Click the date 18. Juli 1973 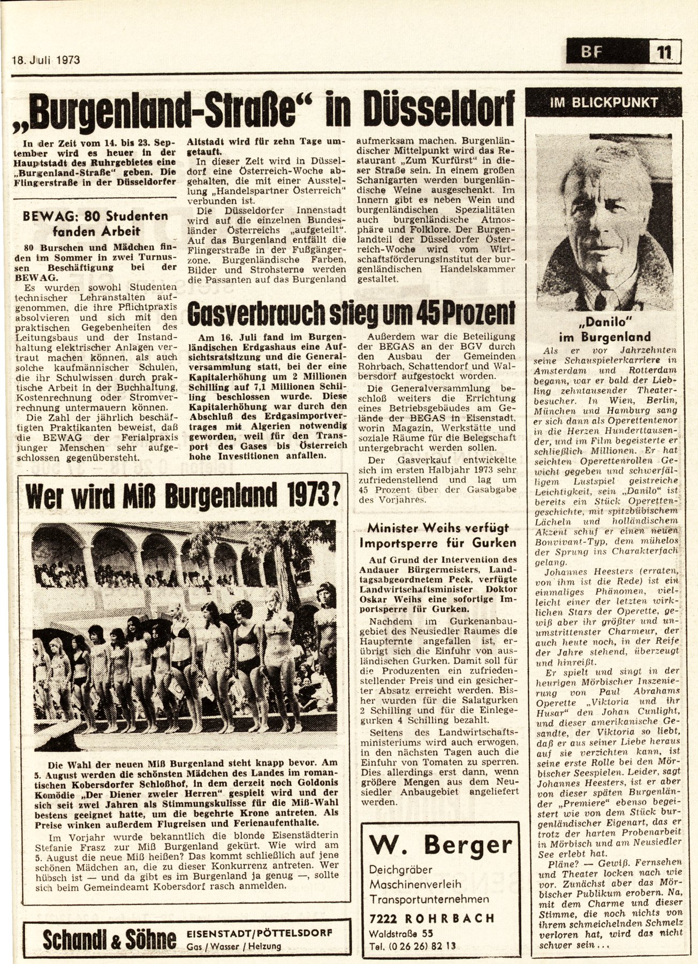pyautogui.click(x=46, y=59)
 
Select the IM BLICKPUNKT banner pyautogui.click(x=604, y=102)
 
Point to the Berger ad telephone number pyautogui.click(x=413, y=946)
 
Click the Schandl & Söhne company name pyautogui.click(x=110, y=938)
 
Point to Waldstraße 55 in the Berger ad pyautogui.click(x=401, y=932)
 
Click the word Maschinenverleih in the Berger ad pyautogui.click(x=415, y=884)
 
